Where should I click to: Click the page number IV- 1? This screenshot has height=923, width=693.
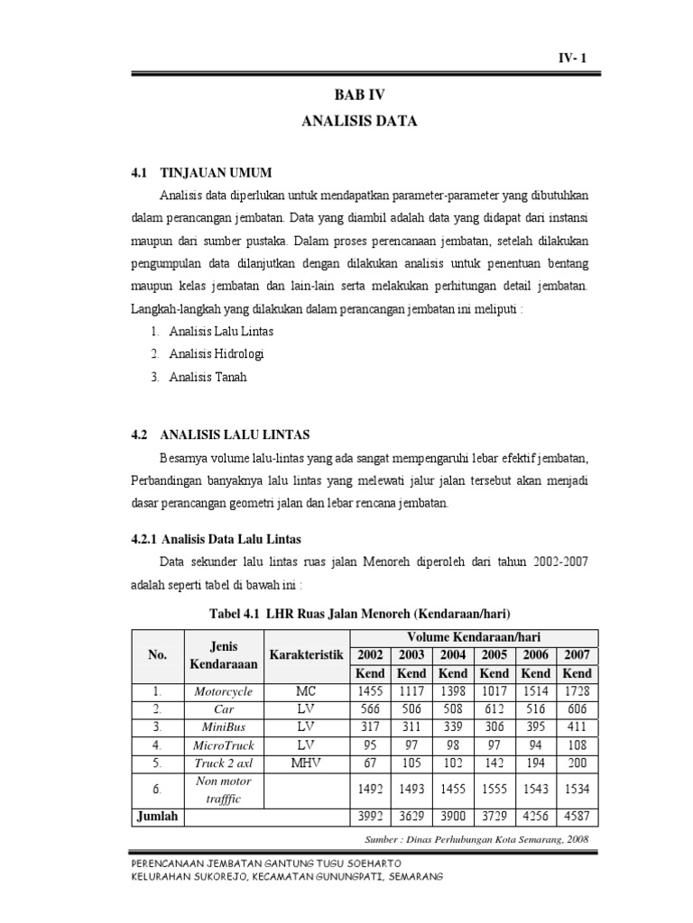pyautogui.click(x=571, y=59)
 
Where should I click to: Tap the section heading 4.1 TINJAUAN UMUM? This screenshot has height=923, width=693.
pyautogui.click(x=201, y=172)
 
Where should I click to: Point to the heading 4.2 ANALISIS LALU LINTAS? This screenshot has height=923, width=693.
pyautogui.click(x=221, y=434)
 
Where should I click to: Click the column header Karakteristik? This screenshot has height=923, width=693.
pyautogui.click(x=305, y=654)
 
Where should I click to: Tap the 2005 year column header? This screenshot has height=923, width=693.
pyautogui.click(x=494, y=654)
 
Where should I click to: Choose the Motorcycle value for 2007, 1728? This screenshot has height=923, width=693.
pyautogui.click(x=577, y=691)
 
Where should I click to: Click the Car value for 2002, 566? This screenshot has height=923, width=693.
pyautogui.click(x=370, y=709)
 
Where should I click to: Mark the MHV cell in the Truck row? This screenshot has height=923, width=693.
pyautogui.click(x=305, y=763)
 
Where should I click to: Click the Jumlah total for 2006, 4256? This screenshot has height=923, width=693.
pyautogui.click(x=535, y=818)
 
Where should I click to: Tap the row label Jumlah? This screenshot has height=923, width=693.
pyautogui.click(x=158, y=817)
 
